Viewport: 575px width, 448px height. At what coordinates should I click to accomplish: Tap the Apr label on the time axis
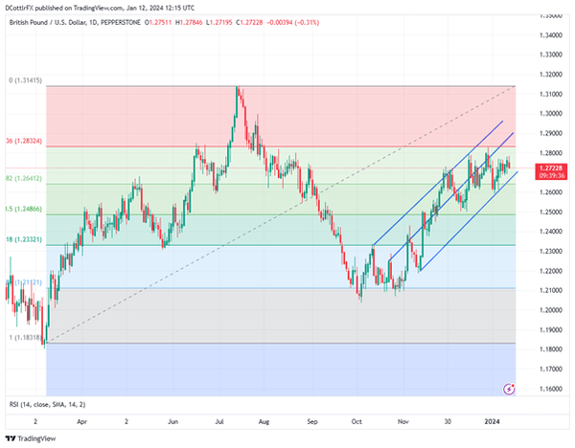point(82,419)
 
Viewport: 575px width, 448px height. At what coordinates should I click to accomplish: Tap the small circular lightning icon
point(509,388)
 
